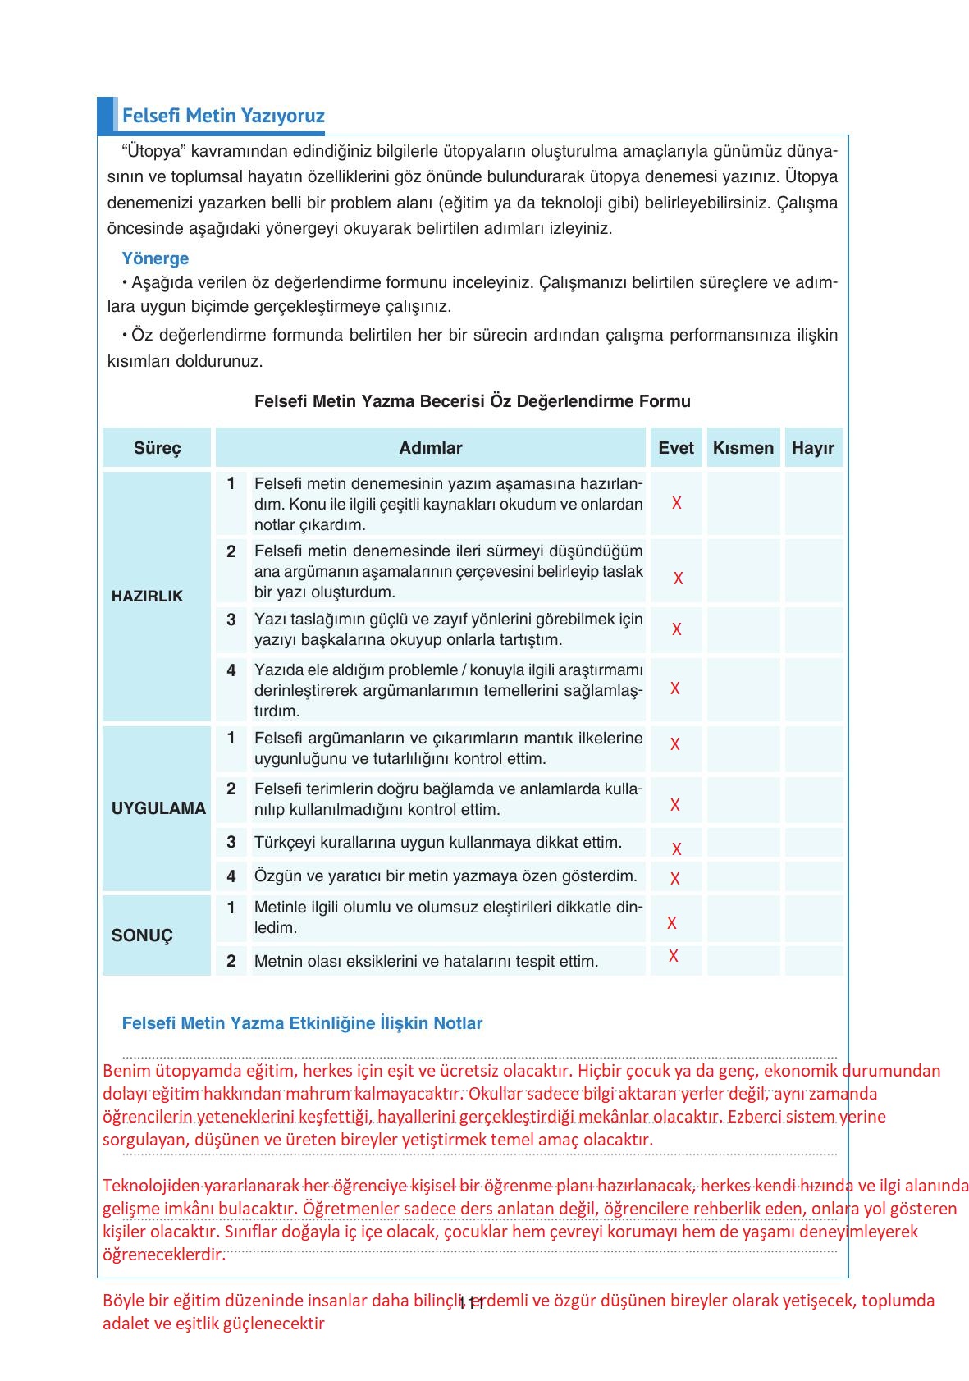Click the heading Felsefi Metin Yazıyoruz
point(223,116)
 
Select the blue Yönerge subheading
point(155,258)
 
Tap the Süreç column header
point(157,448)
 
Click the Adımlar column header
point(431,448)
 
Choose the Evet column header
point(676,448)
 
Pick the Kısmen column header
point(743,448)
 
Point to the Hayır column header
point(813,448)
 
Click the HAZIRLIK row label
point(148,597)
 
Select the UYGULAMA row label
point(158,808)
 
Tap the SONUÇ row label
point(143,935)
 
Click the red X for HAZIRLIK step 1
point(676,503)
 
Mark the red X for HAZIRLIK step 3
point(676,629)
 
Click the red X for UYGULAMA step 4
point(674,879)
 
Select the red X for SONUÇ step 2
point(673,956)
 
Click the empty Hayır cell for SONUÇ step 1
point(813,918)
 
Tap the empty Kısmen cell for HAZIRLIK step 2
point(743,571)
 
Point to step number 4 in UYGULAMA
point(231,876)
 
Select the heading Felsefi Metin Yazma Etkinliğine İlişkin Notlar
point(302,1023)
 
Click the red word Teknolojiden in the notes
point(151,1186)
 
